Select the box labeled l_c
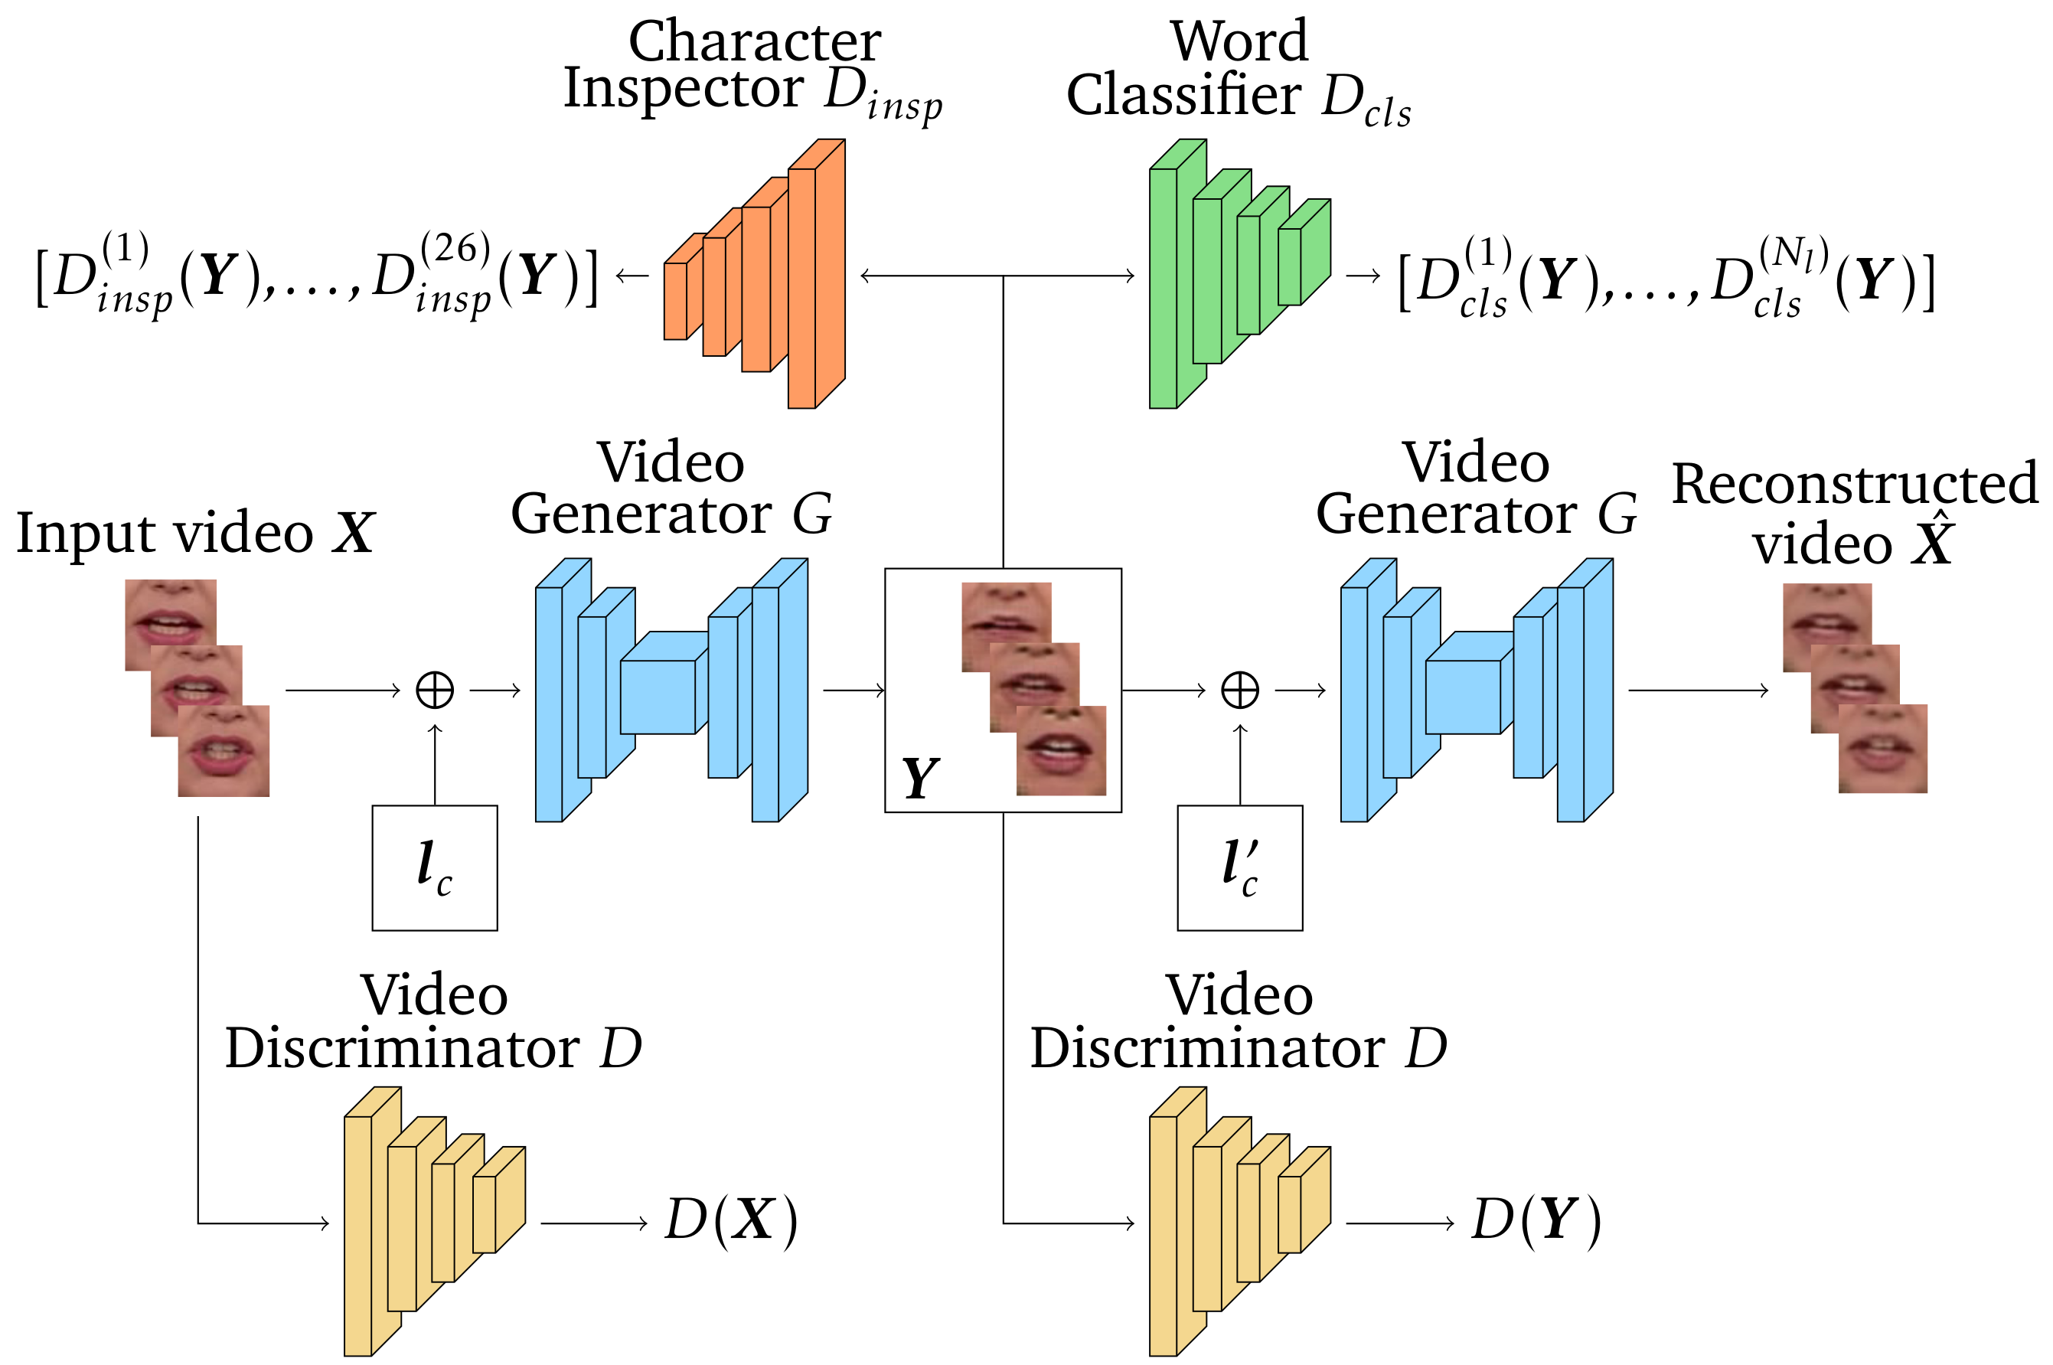point(434,868)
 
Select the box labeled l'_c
point(1239,868)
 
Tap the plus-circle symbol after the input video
point(434,691)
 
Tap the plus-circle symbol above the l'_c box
point(1239,691)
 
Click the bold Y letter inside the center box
point(920,777)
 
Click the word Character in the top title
point(755,42)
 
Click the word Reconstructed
point(1855,484)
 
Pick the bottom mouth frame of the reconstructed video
point(1883,749)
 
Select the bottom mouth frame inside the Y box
point(1061,750)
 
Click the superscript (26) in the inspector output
point(455,250)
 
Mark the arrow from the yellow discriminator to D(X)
point(593,1223)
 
